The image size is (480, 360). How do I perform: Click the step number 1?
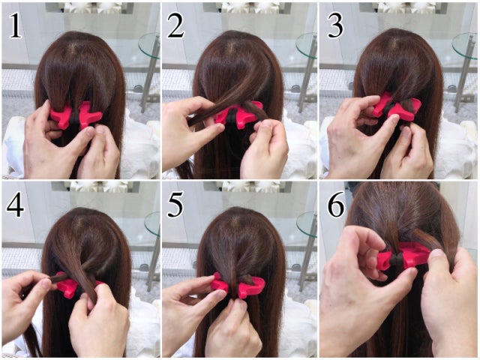[x=15, y=26]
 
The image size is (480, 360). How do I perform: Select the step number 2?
[x=175, y=26]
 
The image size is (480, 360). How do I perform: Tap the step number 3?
[x=335, y=26]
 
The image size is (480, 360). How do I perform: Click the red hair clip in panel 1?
[x=75, y=115]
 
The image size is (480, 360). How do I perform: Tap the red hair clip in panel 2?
[x=237, y=115]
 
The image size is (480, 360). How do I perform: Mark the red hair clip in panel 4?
[x=71, y=286]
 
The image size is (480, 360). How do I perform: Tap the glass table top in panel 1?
[x=149, y=46]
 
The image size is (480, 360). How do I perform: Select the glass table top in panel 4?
[x=152, y=223]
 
